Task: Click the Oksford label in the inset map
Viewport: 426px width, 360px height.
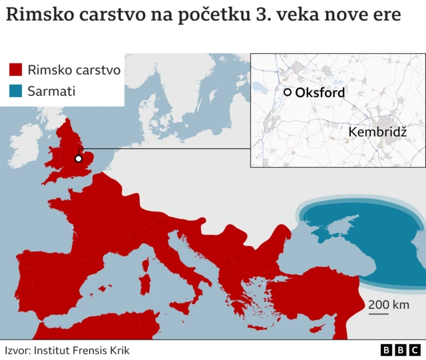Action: click(319, 92)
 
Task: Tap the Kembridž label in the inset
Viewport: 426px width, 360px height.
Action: click(377, 132)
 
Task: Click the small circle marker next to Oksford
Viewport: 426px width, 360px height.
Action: click(287, 92)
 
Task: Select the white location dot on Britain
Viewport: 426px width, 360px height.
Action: click(79, 158)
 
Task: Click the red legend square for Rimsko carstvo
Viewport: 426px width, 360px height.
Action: click(15, 69)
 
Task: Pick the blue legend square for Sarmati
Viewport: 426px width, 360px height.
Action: click(15, 90)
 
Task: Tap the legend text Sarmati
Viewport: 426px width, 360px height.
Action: click(51, 90)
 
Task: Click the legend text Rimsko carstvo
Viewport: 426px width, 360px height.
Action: click(74, 69)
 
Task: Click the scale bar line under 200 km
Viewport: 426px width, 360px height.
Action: click(379, 314)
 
